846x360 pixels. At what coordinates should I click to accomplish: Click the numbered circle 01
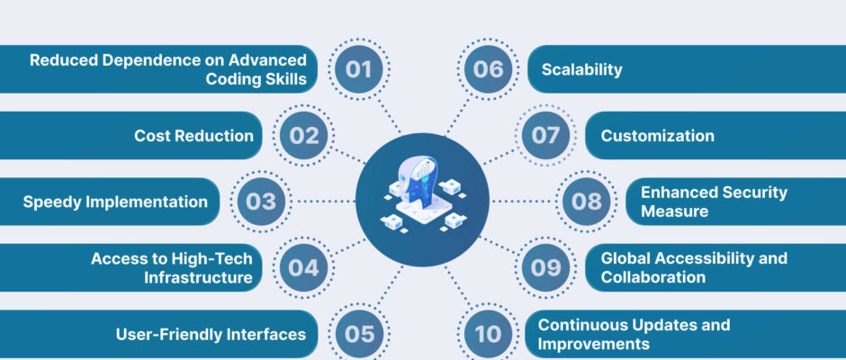click(x=359, y=69)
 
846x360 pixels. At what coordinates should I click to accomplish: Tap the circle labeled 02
click(x=304, y=136)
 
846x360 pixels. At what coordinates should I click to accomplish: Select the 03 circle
click(x=261, y=202)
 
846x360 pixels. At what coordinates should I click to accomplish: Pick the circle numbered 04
click(x=304, y=267)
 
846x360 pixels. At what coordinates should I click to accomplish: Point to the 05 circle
click(x=359, y=334)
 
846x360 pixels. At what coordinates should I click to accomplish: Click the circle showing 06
click(x=489, y=69)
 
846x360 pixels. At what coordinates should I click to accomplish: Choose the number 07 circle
click(x=545, y=136)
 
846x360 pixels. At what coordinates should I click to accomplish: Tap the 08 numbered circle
click(x=587, y=202)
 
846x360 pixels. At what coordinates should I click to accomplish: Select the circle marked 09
click(x=545, y=267)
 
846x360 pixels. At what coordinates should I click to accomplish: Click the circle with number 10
click(x=489, y=334)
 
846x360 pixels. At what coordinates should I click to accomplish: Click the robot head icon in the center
click(x=423, y=194)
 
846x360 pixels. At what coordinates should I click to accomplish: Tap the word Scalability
click(x=581, y=69)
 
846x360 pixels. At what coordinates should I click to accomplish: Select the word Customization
click(x=657, y=136)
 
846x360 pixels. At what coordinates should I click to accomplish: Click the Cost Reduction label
click(x=193, y=136)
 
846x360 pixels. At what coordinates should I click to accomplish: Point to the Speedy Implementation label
click(x=115, y=202)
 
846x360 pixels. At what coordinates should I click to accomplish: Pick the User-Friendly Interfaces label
click(x=211, y=334)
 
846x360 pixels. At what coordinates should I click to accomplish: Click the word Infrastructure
click(x=199, y=277)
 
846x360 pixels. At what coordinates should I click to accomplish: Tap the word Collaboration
click(x=652, y=277)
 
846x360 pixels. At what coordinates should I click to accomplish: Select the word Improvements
click(x=593, y=344)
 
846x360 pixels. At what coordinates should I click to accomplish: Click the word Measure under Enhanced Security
click(x=674, y=211)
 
